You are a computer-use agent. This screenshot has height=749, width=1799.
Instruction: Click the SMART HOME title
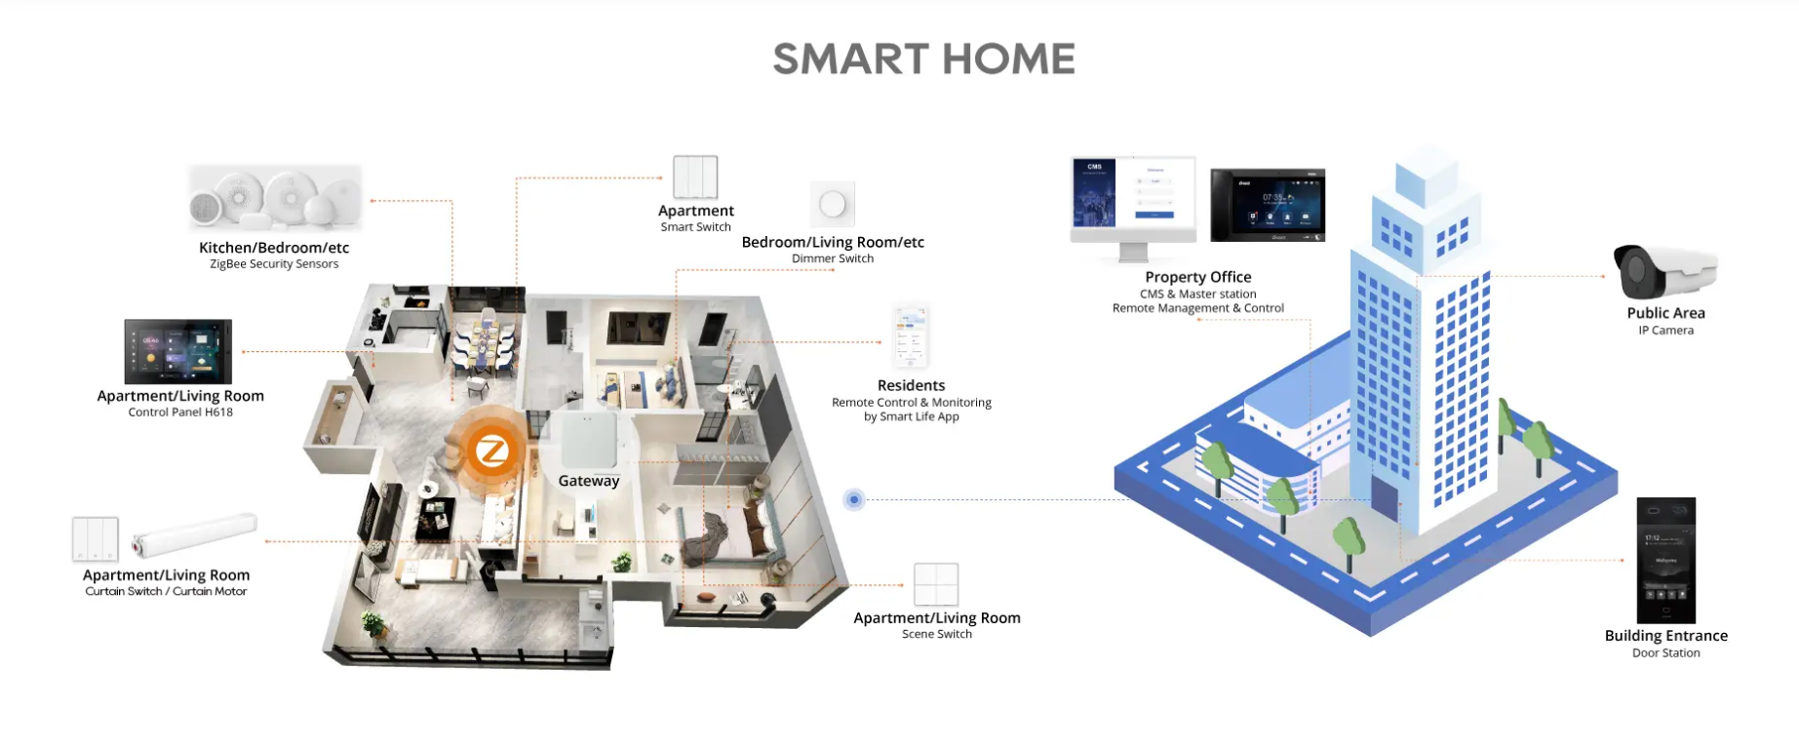tap(923, 59)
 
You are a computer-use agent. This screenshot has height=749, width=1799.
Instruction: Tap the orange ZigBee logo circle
tap(490, 452)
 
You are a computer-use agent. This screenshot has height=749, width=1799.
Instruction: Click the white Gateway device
tap(589, 440)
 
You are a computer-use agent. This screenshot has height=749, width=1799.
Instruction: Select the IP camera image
tap(1664, 271)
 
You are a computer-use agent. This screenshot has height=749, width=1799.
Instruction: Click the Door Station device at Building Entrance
tap(1665, 560)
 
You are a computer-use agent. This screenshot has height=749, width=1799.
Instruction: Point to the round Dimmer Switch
tap(833, 204)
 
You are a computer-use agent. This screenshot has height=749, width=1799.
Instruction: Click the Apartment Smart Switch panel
tap(695, 177)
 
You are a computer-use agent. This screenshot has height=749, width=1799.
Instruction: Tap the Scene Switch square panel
tap(936, 584)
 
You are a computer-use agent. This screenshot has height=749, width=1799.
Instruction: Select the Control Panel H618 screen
tap(178, 351)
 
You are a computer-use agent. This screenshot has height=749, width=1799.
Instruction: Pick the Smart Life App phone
tap(911, 335)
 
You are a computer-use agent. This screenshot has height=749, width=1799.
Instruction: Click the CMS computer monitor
tap(1133, 209)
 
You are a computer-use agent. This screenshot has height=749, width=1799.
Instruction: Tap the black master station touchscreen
tap(1268, 205)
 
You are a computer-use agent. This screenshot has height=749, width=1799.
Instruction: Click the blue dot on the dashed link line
tap(854, 499)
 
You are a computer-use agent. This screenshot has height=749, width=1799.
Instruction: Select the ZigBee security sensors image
tap(275, 198)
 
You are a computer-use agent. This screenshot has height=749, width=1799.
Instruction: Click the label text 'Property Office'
tap(1197, 277)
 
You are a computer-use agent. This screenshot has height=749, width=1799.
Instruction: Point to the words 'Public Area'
tap(1665, 313)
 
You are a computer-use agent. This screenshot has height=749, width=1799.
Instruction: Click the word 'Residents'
tap(911, 385)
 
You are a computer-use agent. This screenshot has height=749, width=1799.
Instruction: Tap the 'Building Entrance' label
tap(1665, 636)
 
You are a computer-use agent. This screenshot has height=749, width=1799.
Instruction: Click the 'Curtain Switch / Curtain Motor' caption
tap(166, 591)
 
